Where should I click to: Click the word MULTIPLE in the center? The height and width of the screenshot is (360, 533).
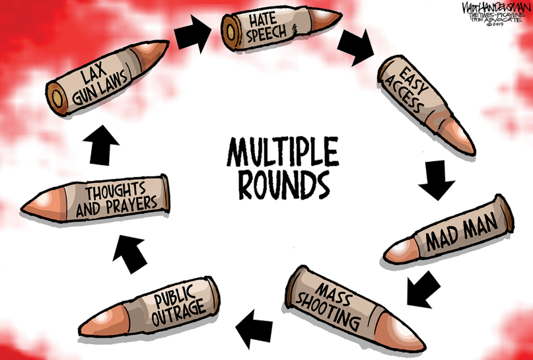[283, 152]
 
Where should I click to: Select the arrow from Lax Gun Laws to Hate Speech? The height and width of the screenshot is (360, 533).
[192, 34]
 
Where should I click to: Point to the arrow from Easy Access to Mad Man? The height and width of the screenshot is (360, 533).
[437, 180]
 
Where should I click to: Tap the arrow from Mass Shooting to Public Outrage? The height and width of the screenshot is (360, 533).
[254, 329]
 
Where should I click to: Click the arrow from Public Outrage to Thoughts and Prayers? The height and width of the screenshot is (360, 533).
[129, 252]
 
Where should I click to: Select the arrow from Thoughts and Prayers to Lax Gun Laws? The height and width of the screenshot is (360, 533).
[101, 145]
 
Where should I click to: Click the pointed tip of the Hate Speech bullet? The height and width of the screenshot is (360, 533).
[340, 15]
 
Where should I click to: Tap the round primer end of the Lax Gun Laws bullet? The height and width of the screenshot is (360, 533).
[56, 98]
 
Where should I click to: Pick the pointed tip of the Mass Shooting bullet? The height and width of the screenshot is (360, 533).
[423, 349]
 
